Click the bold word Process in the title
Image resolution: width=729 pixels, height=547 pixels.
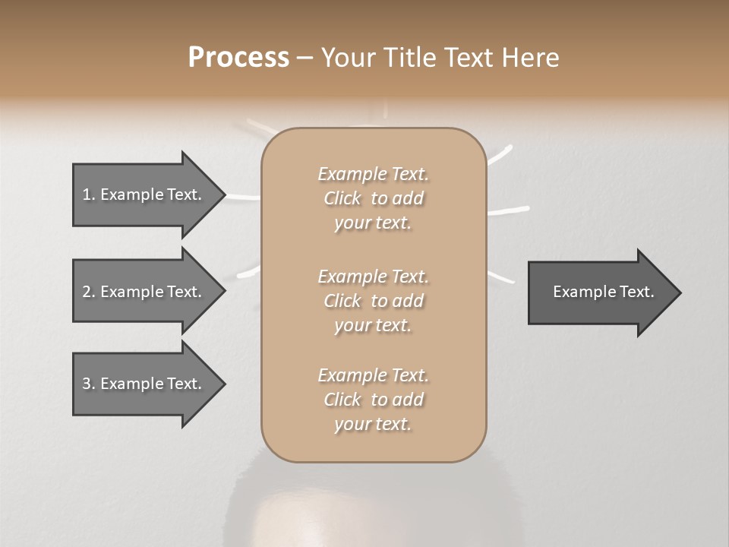(238, 58)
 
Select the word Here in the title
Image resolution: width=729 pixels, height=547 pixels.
(529, 58)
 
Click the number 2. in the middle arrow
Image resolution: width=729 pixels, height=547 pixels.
(89, 292)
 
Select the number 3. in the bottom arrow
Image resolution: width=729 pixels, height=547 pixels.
(89, 384)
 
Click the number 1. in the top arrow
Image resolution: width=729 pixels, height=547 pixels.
(89, 194)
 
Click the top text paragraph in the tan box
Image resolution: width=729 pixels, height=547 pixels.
(373, 198)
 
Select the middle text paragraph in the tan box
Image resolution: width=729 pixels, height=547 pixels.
(373, 301)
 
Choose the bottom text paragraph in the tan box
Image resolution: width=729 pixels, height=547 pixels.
(373, 400)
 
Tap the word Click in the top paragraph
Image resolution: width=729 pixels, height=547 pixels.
(342, 198)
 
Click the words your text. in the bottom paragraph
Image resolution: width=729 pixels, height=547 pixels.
(373, 425)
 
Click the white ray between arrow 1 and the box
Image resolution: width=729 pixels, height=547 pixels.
(243, 198)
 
